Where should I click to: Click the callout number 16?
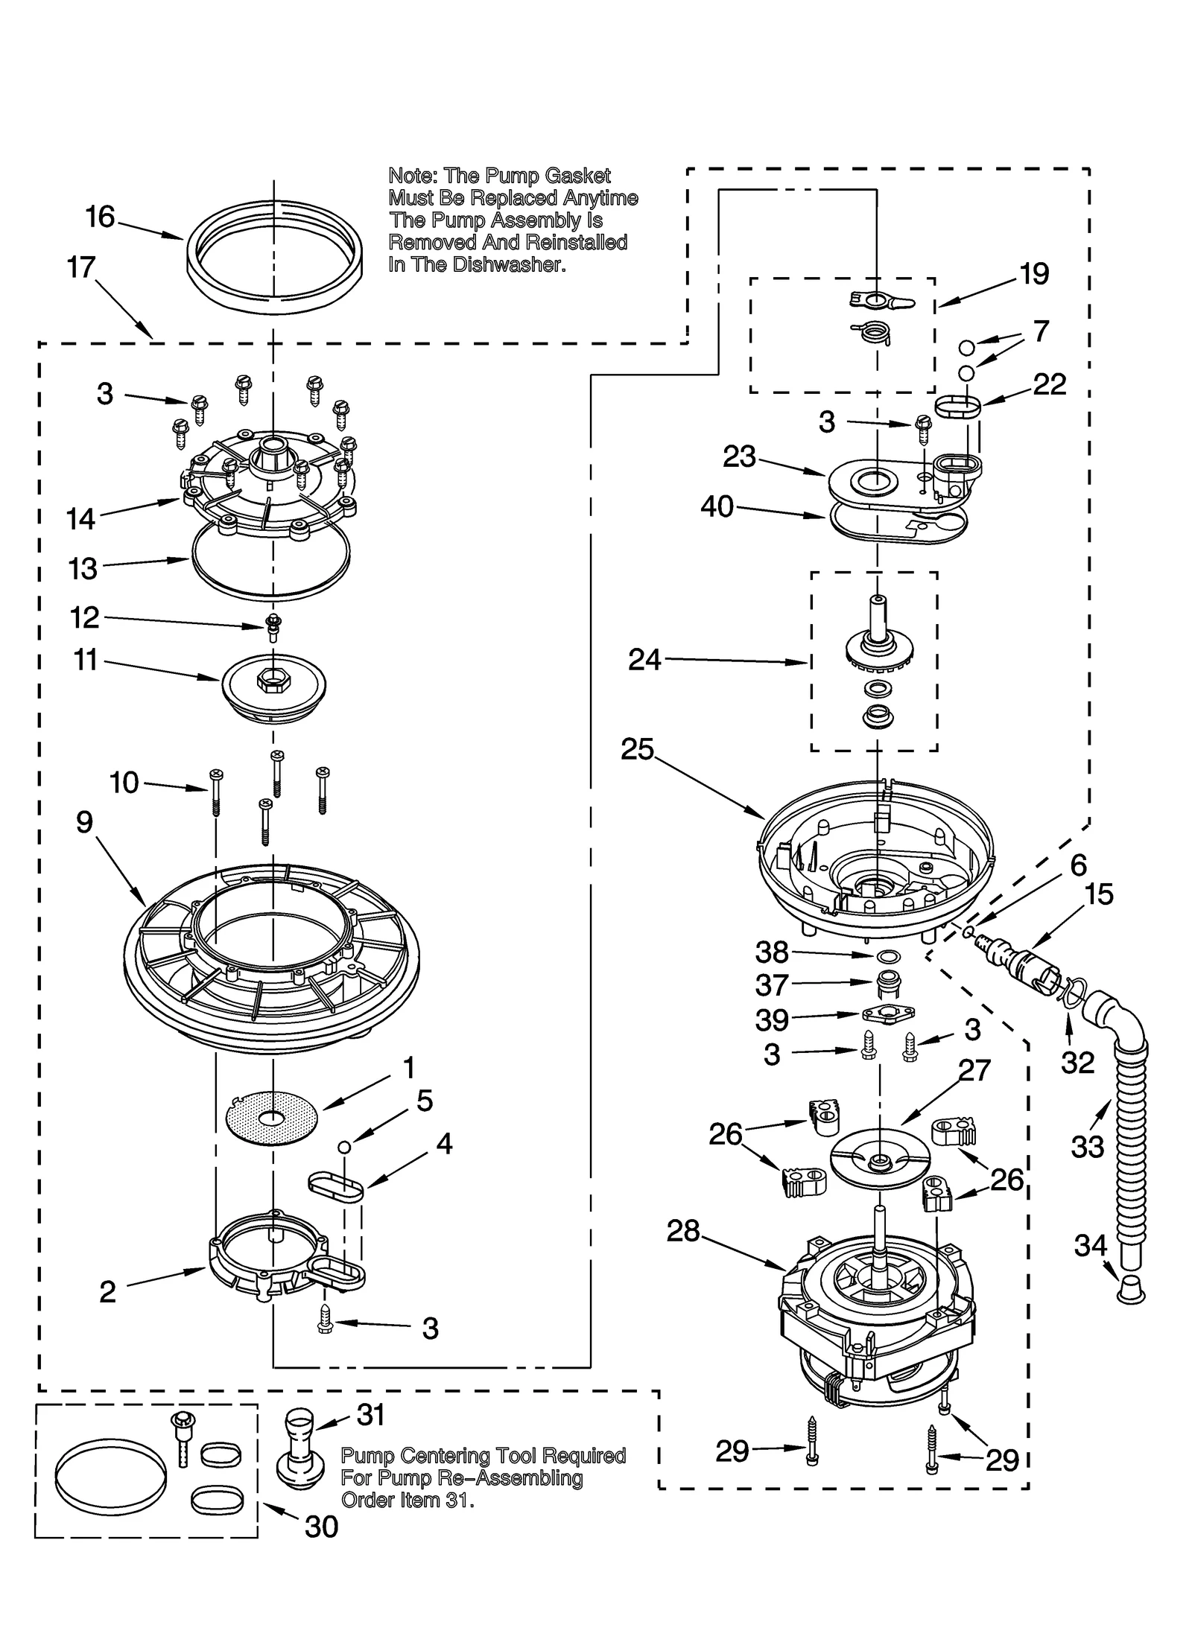100,217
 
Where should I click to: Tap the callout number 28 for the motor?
683,1231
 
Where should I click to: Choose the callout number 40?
717,507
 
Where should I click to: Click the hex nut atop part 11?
273,679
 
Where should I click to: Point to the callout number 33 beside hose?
1087,1146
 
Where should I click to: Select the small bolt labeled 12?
273,625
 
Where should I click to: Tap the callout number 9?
84,821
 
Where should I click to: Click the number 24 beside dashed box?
644,659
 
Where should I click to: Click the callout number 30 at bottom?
321,1526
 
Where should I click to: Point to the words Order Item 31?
407,1500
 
